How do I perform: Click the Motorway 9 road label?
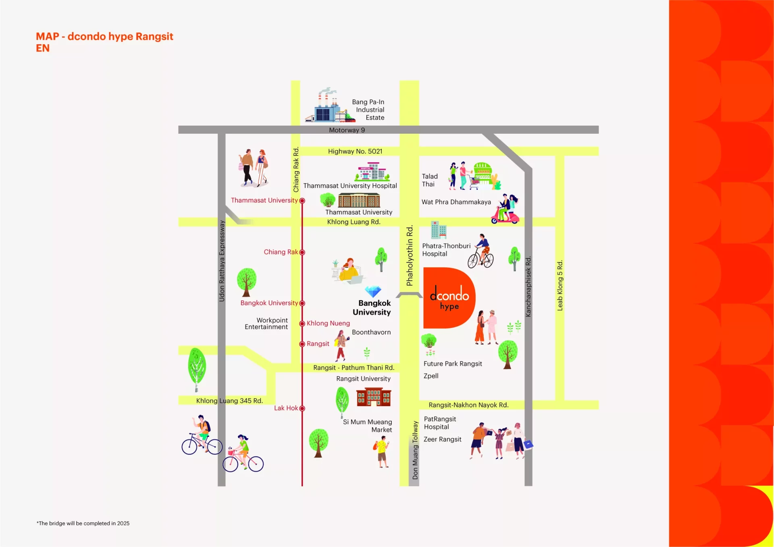[347, 130]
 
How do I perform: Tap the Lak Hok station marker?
[302, 408]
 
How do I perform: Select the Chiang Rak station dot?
[302, 252]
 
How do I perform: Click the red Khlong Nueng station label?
[328, 323]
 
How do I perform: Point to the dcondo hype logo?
[449, 298]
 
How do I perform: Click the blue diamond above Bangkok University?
[373, 291]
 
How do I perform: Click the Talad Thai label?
[430, 180]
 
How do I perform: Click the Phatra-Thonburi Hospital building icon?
[438, 230]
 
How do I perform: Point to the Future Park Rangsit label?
[453, 364]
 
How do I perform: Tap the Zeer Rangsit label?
[442, 439]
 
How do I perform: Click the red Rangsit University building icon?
[374, 397]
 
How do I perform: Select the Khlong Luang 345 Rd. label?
[229, 401]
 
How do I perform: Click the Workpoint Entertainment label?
[266, 323]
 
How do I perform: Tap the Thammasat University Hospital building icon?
[372, 172]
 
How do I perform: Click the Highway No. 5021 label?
[355, 151]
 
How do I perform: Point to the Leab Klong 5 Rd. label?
[560, 285]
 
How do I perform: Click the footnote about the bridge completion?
[83, 523]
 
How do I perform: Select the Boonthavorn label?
[371, 332]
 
